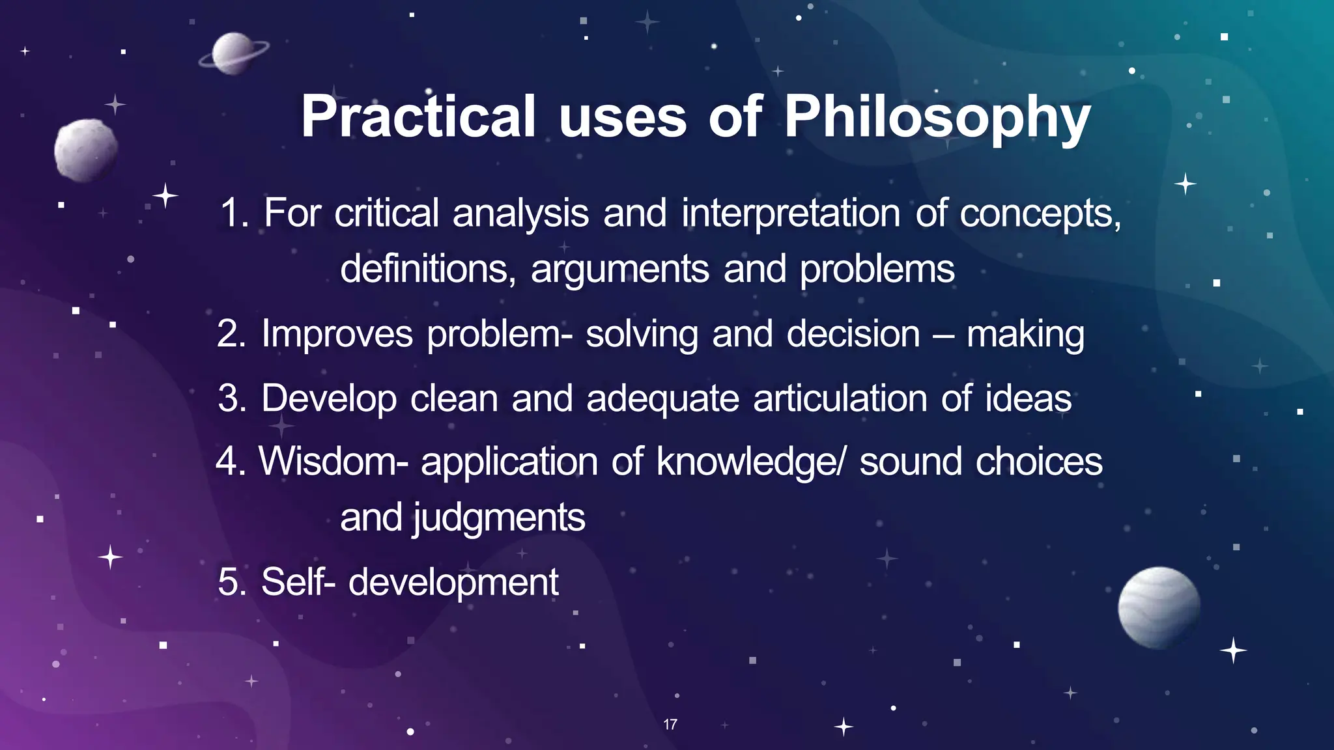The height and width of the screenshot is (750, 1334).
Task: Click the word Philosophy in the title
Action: [x=937, y=117]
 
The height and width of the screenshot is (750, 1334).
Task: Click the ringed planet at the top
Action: [x=233, y=53]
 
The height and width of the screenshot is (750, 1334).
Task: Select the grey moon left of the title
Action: [x=86, y=150]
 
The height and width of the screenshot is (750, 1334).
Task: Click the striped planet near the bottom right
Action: [x=1159, y=607]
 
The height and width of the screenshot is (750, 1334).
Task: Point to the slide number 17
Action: [x=670, y=724]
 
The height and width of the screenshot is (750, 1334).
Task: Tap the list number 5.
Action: [x=232, y=581]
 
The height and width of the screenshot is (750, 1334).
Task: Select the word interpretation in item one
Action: [x=791, y=213]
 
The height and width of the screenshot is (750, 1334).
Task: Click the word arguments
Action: [x=619, y=269]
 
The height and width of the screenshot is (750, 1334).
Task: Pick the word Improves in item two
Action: [x=337, y=334]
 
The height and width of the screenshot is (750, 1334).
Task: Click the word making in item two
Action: [x=1025, y=334]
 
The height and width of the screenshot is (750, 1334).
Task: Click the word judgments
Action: [x=499, y=518]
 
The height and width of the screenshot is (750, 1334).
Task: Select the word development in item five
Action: [x=453, y=581]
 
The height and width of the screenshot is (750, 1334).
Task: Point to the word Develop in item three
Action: [x=329, y=398]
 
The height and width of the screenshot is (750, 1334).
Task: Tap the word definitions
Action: [x=428, y=269]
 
